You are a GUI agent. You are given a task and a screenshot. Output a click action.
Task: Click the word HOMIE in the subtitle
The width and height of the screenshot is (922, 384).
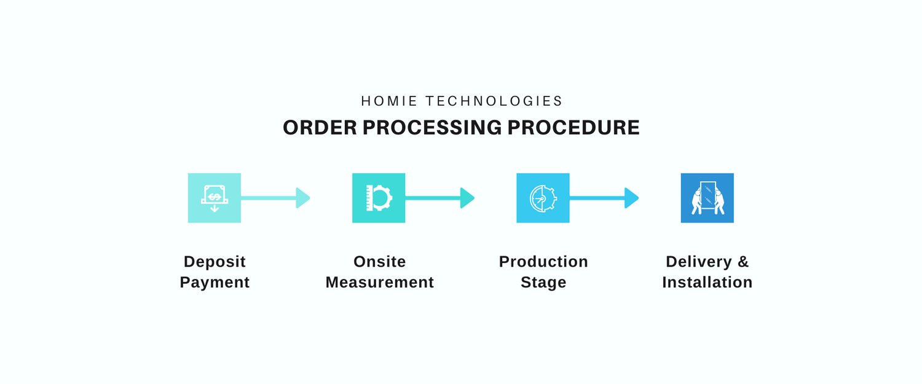click(389, 101)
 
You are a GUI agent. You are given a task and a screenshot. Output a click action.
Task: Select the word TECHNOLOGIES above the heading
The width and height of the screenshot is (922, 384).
click(494, 101)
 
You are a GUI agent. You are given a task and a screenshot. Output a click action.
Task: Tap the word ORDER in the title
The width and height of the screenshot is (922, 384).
click(320, 128)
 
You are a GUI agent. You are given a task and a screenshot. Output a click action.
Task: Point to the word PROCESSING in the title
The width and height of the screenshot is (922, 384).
click(432, 128)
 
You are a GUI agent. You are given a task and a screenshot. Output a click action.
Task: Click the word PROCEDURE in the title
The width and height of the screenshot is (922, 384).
click(573, 128)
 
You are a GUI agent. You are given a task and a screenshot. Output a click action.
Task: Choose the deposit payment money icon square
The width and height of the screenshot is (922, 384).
click(215, 198)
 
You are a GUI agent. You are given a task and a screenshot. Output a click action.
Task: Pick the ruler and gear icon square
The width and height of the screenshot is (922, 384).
click(379, 198)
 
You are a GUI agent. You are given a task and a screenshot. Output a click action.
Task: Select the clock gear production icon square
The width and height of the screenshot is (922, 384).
click(543, 198)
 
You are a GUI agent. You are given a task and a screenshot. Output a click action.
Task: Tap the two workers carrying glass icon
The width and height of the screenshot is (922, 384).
click(707, 198)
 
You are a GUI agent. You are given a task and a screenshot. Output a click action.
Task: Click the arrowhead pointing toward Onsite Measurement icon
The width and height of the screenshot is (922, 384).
click(302, 198)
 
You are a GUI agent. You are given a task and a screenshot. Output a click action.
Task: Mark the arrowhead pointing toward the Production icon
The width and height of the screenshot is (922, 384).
click(467, 198)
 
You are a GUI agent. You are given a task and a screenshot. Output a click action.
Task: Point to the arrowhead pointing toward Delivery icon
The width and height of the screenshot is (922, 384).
click(631, 198)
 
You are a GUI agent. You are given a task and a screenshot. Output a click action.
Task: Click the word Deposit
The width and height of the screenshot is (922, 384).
click(215, 262)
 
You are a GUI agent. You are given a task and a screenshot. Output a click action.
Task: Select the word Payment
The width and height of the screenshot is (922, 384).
click(215, 283)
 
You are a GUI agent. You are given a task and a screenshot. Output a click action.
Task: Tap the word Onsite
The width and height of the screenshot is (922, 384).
click(379, 262)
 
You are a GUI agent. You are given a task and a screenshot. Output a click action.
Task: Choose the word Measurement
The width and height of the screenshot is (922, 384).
click(379, 283)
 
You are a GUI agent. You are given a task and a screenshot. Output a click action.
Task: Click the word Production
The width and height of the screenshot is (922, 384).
click(543, 262)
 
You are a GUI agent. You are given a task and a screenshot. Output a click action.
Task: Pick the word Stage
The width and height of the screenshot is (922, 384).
click(543, 283)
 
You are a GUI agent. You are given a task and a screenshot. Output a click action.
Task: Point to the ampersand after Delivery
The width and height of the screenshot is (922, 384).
click(743, 262)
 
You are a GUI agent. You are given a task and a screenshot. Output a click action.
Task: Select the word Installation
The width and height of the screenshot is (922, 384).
click(707, 283)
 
